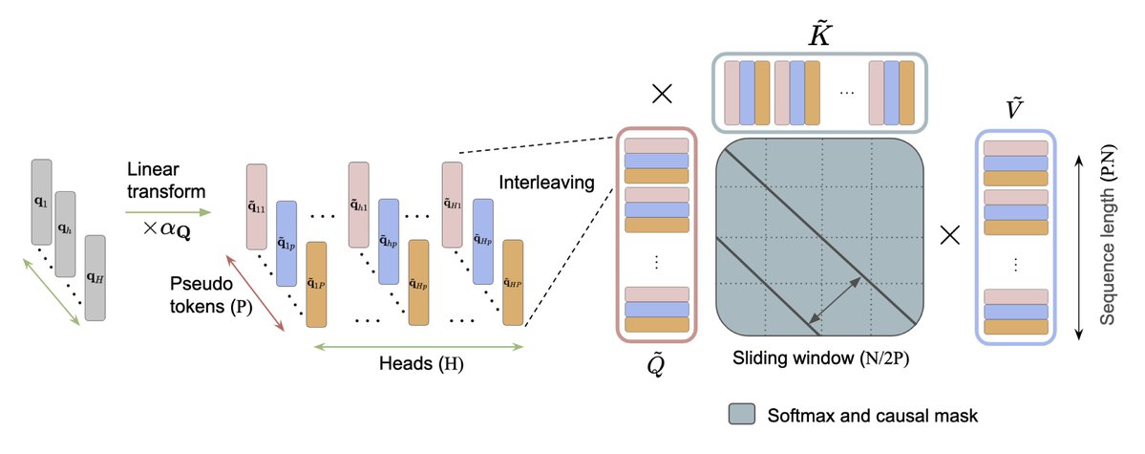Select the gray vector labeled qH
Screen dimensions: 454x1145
tap(95, 278)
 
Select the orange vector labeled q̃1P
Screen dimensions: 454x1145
tap(316, 285)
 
